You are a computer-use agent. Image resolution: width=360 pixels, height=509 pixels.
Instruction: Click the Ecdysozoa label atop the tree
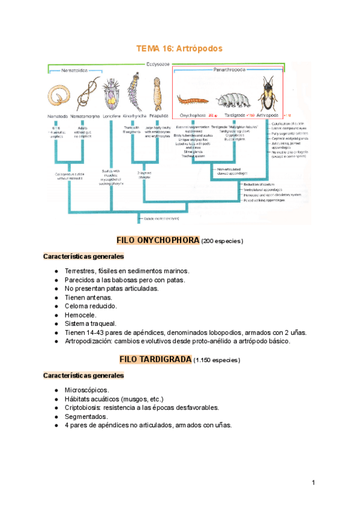coord(157,64)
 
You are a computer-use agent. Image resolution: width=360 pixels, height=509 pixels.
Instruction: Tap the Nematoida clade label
coord(75,70)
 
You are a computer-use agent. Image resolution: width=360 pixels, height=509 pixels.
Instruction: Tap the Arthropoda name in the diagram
coord(268,114)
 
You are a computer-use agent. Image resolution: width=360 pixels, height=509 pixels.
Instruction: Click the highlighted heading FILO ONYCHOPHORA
coord(158,240)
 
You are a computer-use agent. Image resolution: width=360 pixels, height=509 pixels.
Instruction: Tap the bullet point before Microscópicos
coord(56,390)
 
